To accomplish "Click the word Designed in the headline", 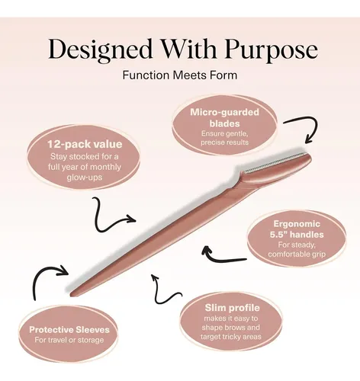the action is (101, 50).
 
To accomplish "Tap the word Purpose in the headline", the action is (271, 50).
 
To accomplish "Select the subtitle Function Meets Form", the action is (180, 75).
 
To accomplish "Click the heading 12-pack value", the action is (85, 144).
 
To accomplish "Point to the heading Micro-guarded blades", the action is (224, 118).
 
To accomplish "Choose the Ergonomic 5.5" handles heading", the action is (297, 229).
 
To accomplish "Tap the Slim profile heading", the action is (232, 308).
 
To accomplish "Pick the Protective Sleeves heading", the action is (69, 330).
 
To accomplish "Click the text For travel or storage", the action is (69, 340).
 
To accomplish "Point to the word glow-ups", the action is (85, 177).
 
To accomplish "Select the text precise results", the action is (224, 142).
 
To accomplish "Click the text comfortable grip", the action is (297, 254).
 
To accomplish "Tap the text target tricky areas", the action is (231, 337).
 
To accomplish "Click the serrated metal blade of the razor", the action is (276, 162).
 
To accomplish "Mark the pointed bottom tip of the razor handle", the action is (71, 295).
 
